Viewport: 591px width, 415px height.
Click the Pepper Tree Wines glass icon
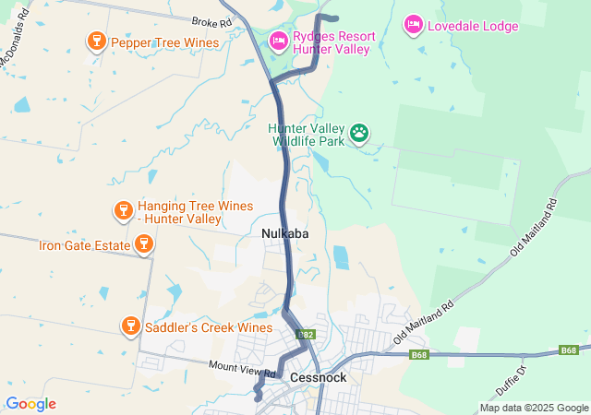coord(95,41)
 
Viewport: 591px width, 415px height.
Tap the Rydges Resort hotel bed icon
coord(278,41)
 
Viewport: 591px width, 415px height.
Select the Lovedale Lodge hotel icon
coord(413,25)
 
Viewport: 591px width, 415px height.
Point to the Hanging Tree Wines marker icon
coord(122,211)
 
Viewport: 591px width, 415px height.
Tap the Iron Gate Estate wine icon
coord(142,244)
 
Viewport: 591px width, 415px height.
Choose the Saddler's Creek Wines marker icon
coord(131,326)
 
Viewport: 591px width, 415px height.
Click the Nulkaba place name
coord(284,234)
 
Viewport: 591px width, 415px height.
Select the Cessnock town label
coord(318,377)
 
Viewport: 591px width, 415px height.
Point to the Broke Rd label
coord(211,21)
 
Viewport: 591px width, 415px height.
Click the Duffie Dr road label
coord(514,375)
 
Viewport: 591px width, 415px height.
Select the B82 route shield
coord(307,335)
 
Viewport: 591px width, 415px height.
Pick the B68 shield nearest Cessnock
coord(419,354)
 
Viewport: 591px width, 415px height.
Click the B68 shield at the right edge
coord(570,350)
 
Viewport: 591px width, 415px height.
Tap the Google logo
coord(30,404)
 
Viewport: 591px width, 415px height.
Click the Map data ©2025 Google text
coord(533,408)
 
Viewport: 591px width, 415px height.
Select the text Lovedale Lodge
coord(473,26)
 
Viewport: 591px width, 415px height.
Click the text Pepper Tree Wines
coord(164,42)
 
